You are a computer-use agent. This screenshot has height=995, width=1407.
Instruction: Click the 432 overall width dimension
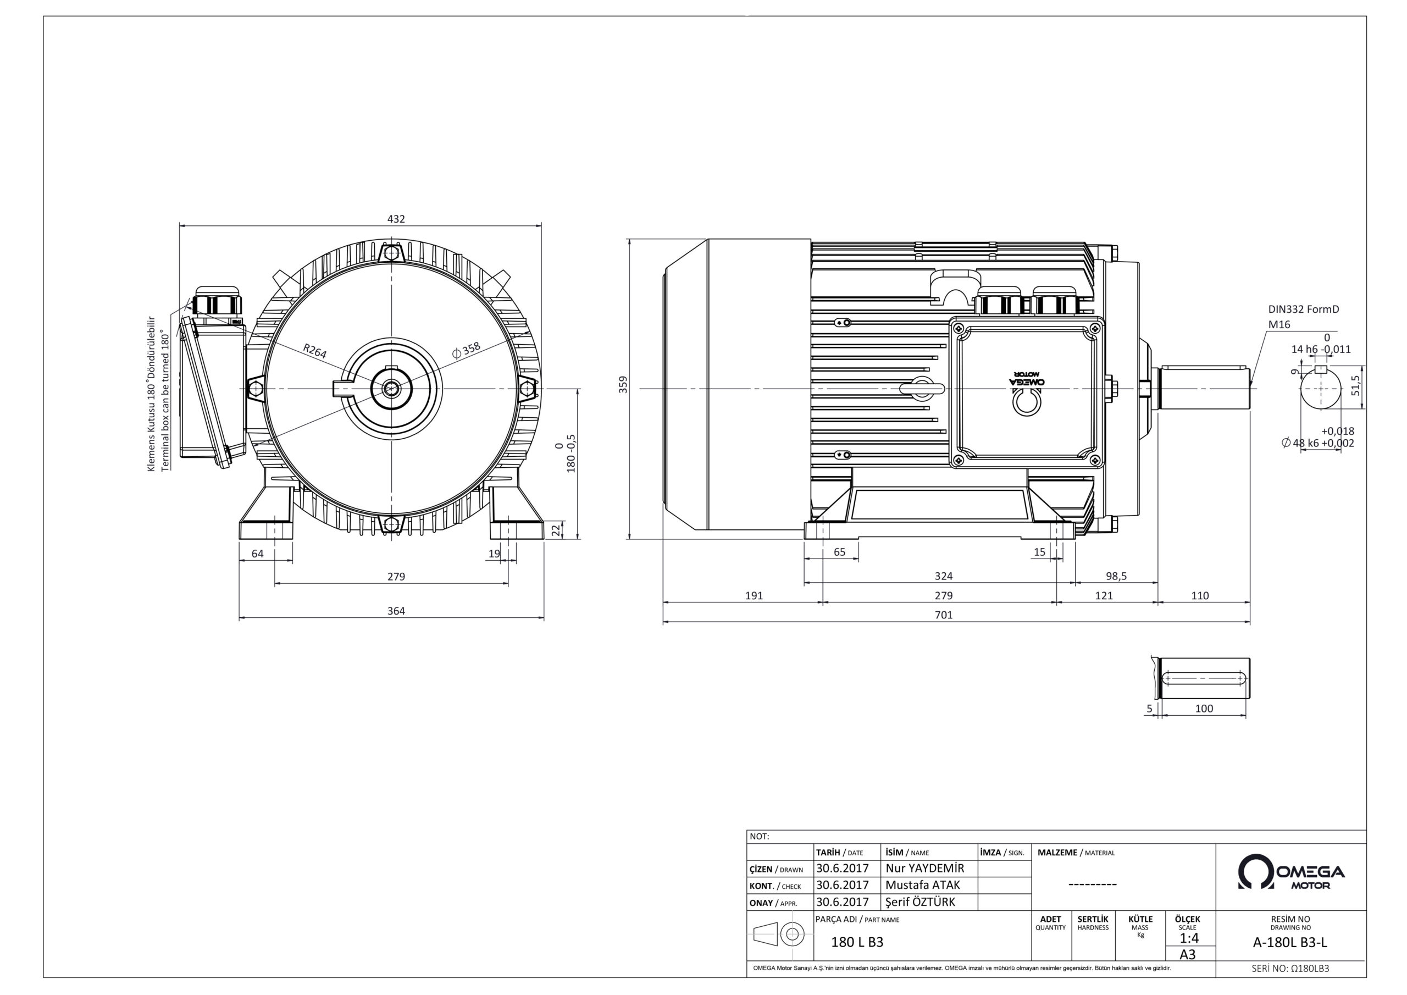click(x=396, y=219)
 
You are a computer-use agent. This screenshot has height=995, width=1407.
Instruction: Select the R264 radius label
click(x=315, y=351)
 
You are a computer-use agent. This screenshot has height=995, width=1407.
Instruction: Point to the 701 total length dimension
click(x=944, y=615)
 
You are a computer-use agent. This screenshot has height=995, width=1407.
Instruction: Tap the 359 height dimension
click(x=623, y=384)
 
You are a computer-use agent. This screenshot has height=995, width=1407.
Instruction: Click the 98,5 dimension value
click(x=1116, y=576)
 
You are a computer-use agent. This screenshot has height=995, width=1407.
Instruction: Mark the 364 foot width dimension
click(x=396, y=611)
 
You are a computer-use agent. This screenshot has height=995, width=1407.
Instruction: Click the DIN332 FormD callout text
click(x=1304, y=309)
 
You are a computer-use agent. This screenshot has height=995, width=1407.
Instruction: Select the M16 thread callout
click(x=1279, y=325)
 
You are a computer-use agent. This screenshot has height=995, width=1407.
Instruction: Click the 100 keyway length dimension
click(x=1204, y=708)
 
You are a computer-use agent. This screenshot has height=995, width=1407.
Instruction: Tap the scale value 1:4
click(x=1189, y=938)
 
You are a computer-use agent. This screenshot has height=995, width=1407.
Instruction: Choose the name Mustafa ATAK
click(x=923, y=885)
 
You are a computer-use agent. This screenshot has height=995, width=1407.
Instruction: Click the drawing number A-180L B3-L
click(x=1290, y=943)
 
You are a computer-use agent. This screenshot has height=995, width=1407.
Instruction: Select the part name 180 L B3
click(x=857, y=942)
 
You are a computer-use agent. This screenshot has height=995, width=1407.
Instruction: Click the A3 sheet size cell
click(x=1188, y=954)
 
